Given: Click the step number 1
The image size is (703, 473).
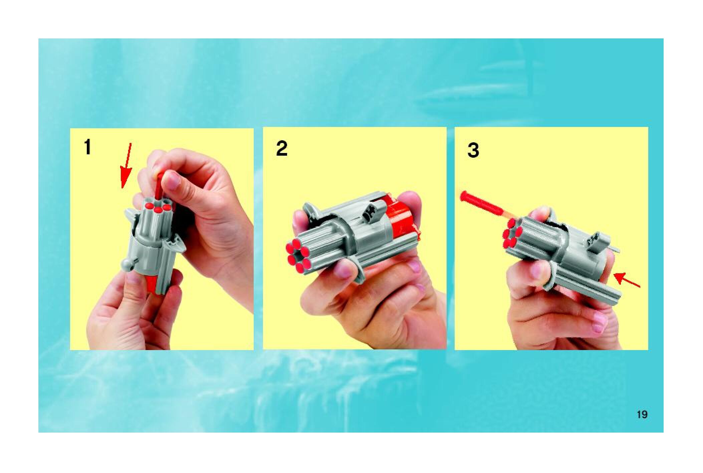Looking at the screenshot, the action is [x=87, y=148].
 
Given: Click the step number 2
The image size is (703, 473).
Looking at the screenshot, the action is [x=282, y=149].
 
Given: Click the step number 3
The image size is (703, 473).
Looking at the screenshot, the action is [x=473, y=150].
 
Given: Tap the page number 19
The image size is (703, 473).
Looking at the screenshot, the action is [x=642, y=415].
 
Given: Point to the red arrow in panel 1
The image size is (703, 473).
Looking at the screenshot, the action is [x=126, y=166].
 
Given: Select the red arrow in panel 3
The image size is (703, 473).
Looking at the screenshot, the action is [x=627, y=280].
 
